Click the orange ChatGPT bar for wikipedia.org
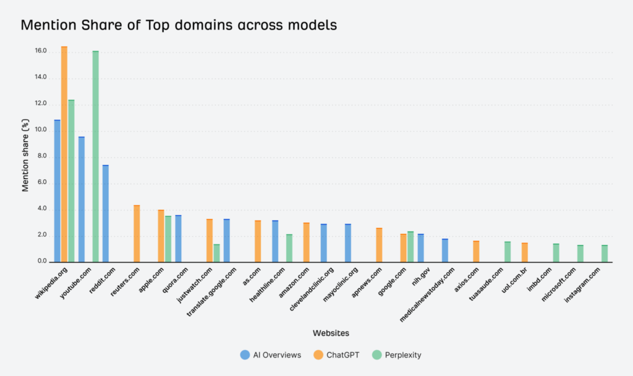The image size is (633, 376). pyautogui.click(x=64, y=154)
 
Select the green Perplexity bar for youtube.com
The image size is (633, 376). pyautogui.click(x=96, y=157)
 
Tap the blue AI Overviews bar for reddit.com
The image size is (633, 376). pyautogui.click(x=106, y=214)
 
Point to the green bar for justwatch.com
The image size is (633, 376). pyautogui.click(x=216, y=253)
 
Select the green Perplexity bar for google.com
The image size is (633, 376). pyautogui.click(x=410, y=247)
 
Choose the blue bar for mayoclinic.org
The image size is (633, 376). pyautogui.click(x=348, y=243)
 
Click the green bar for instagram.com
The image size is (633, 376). pyautogui.click(x=605, y=254)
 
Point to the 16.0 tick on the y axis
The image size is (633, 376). pyautogui.click(x=41, y=51)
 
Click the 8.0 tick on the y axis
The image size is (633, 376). pyautogui.click(x=41, y=156)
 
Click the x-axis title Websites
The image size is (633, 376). pyautogui.click(x=331, y=333)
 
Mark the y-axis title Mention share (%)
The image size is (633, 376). pyautogui.click(x=25, y=156)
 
